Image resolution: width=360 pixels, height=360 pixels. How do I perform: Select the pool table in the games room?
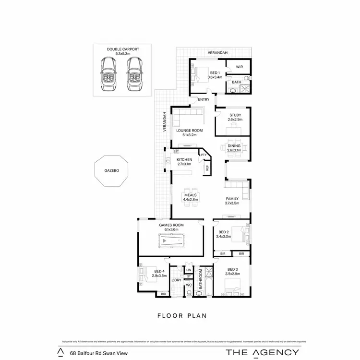(171, 241)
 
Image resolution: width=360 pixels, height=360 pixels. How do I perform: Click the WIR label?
(239, 67)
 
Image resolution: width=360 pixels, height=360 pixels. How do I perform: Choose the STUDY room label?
(235, 115)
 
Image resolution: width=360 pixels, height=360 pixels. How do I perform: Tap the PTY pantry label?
(204, 155)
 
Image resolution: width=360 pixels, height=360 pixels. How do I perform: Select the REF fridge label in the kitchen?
(207, 168)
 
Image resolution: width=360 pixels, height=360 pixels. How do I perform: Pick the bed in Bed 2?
(238, 234)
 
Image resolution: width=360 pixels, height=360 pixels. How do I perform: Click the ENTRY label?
(204, 99)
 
